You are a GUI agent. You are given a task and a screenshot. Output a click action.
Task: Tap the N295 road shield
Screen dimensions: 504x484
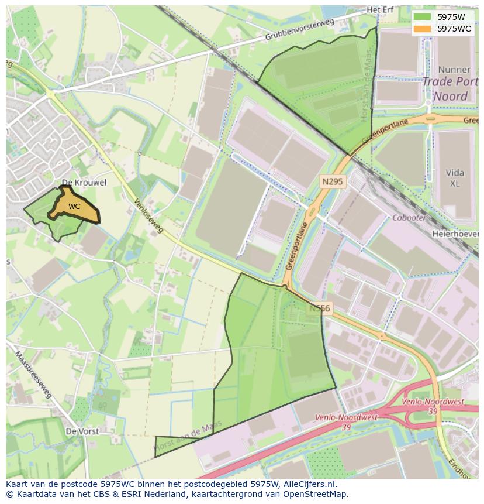pyautogui.click(x=333, y=183)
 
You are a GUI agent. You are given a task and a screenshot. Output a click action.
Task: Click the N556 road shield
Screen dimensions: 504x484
pyautogui.click(x=320, y=308)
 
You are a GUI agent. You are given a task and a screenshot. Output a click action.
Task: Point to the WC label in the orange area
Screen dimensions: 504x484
pyautogui.click(x=74, y=207)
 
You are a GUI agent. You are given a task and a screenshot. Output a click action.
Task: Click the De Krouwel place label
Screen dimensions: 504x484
pyautogui.click(x=84, y=183)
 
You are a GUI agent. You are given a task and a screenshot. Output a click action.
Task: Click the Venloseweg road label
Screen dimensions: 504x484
pyautogui.click(x=148, y=217)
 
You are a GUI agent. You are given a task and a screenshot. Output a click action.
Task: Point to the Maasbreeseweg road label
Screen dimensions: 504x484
pyautogui.click(x=34, y=375)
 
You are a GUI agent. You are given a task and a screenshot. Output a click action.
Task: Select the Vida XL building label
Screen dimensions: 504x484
pyautogui.click(x=455, y=178)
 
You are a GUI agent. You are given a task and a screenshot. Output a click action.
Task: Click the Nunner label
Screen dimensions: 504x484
pyautogui.click(x=454, y=70)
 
